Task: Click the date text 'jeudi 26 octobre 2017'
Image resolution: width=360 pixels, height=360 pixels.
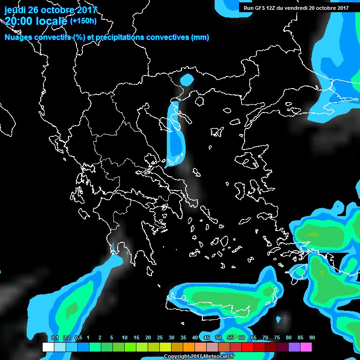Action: [x=51, y=9]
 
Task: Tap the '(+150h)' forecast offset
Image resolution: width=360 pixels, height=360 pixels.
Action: [x=83, y=21]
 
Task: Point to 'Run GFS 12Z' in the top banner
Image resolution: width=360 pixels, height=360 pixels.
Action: [x=260, y=7]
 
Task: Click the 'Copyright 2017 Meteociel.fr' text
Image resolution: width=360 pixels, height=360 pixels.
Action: [x=199, y=357]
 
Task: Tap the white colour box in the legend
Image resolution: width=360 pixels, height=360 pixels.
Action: [x=48, y=347]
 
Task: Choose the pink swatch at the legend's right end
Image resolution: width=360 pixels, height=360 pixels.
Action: [x=306, y=347]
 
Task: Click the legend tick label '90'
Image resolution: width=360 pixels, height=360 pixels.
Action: [x=312, y=337]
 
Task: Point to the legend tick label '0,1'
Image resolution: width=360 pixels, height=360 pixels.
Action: [x=54, y=337]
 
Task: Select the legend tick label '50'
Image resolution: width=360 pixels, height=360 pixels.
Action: [x=218, y=337]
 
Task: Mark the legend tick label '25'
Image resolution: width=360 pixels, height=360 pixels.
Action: [x=159, y=337]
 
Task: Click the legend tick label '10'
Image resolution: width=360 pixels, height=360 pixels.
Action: [x=124, y=337]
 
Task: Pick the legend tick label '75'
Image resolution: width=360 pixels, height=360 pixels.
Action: [x=277, y=337]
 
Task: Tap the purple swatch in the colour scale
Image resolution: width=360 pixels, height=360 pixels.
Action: [x=294, y=347]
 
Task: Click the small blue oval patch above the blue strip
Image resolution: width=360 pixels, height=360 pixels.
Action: [x=187, y=80]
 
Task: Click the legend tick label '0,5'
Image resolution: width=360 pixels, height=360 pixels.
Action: [x=78, y=337]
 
